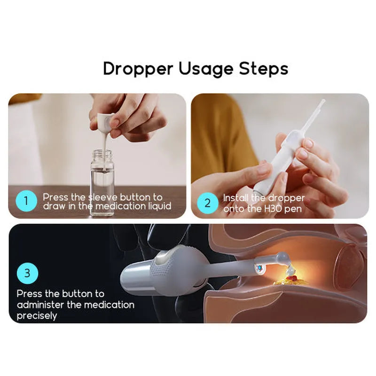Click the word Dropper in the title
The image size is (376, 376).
138,69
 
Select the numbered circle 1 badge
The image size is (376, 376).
26,201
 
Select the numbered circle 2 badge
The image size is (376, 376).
207,203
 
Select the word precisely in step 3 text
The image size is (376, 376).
37,316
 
